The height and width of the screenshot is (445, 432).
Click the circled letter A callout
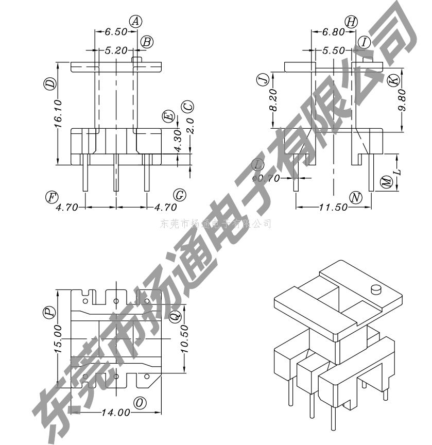(136, 21)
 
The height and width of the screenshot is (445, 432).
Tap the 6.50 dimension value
(116, 32)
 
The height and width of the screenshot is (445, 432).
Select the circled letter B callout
(147, 42)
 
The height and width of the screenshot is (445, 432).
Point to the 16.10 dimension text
(58, 111)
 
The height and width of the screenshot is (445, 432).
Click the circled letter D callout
(50, 84)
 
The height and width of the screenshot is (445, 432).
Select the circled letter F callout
(51, 196)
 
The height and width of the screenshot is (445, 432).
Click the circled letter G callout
(179, 195)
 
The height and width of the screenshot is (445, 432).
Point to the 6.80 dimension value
(333, 32)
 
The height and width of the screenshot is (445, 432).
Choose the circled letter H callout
(351, 22)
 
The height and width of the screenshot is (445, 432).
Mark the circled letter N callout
(356, 197)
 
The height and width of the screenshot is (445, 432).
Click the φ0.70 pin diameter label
(266, 178)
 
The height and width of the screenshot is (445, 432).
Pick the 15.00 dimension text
(58, 338)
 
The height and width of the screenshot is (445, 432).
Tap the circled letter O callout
(140, 403)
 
